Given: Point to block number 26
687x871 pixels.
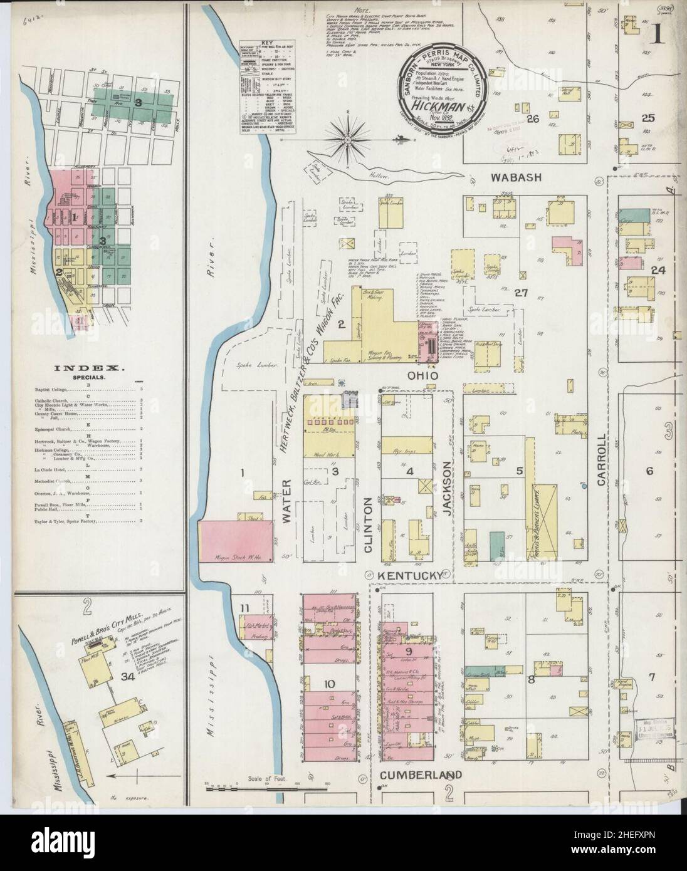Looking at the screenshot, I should tap(533, 119).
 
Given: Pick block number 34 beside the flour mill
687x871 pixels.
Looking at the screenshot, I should tap(127, 677).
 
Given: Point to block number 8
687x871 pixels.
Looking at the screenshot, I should tap(532, 680).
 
